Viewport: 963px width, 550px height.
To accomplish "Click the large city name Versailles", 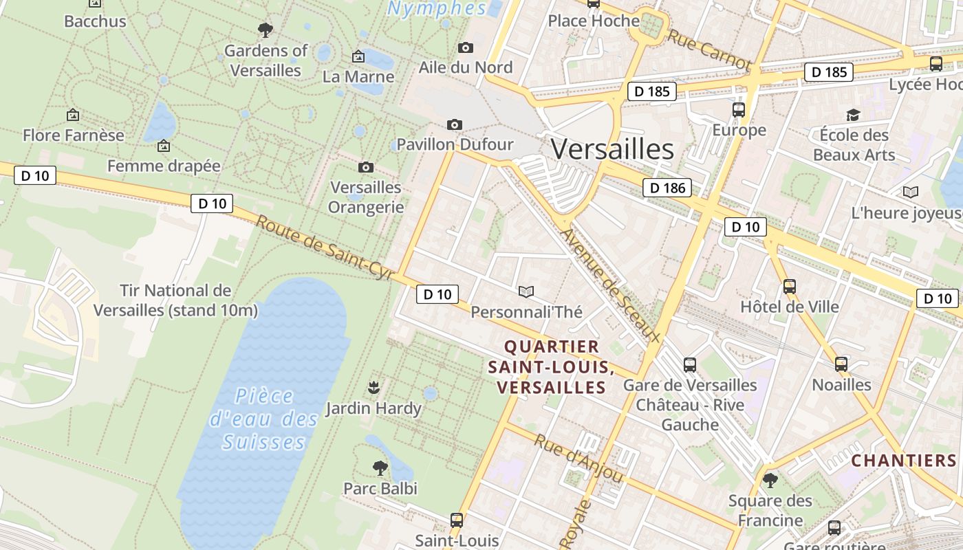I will (x=612, y=149).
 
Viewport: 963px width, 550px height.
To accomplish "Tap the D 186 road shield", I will (x=667, y=187).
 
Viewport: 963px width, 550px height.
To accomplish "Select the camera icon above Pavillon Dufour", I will (x=454, y=124).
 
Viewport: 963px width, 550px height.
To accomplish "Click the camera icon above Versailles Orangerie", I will (x=366, y=167).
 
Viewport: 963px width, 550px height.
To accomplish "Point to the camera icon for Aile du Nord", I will (x=466, y=47).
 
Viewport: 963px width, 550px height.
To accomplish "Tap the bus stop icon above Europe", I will (x=739, y=109).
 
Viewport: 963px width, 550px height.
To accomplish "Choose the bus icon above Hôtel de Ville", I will (x=790, y=286).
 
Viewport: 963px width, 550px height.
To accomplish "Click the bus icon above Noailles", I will (x=841, y=364).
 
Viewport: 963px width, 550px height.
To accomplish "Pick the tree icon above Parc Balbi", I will (x=380, y=468).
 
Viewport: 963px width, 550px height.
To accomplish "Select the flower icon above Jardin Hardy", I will (x=374, y=387).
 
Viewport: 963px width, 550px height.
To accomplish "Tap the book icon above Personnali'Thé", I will (x=526, y=292).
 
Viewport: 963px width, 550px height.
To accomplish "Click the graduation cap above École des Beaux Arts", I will (x=853, y=115).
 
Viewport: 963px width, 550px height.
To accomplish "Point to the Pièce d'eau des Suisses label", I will (x=263, y=419).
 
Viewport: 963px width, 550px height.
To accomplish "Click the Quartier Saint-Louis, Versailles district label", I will (x=550, y=366).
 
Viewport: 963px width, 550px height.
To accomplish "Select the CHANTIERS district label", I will (x=904, y=460).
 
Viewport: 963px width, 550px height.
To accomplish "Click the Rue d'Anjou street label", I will (x=578, y=459).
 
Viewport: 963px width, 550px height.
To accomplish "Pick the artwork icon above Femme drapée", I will (x=164, y=146).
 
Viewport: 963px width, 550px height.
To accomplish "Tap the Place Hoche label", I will (x=594, y=21).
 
